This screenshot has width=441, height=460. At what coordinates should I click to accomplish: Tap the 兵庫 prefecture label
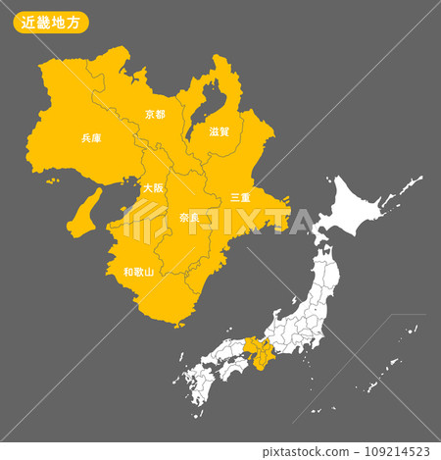(x=90, y=138)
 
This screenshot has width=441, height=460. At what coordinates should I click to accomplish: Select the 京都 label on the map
(x=155, y=114)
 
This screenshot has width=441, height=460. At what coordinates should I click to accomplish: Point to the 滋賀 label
(x=220, y=130)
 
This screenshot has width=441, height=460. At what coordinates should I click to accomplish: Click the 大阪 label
(x=153, y=187)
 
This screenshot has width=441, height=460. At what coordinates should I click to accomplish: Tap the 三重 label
(x=240, y=197)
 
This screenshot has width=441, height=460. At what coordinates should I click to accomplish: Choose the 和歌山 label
(x=138, y=272)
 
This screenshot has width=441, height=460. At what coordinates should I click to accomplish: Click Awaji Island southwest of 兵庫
(x=84, y=212)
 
